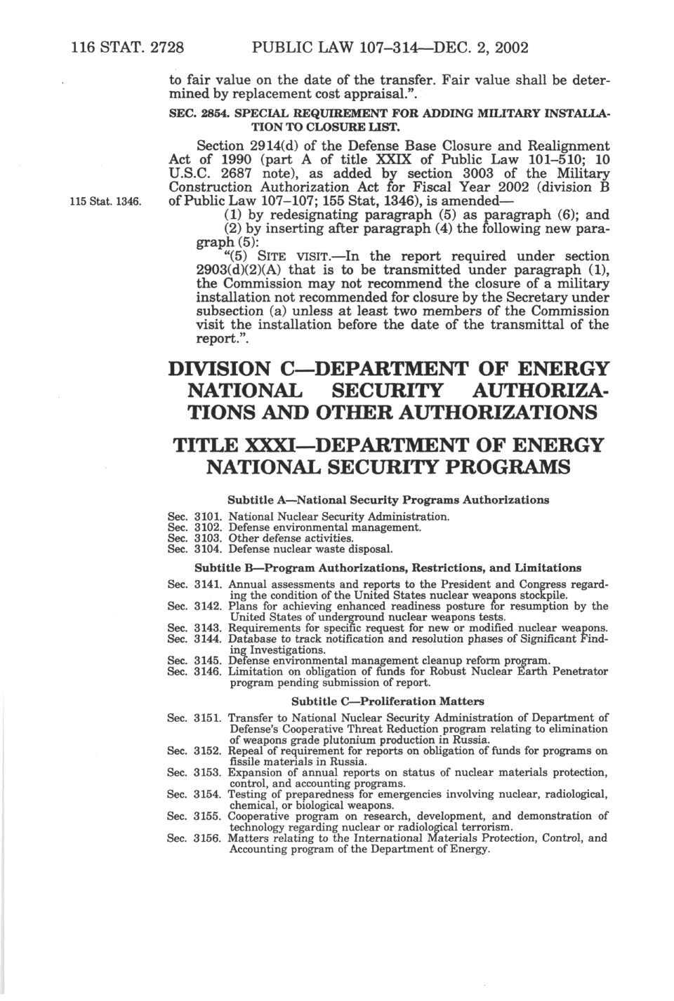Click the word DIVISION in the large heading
point(220,370)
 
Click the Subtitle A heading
point(388,500)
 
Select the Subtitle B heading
point(388,567)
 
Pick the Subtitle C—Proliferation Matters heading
point(388,701)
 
